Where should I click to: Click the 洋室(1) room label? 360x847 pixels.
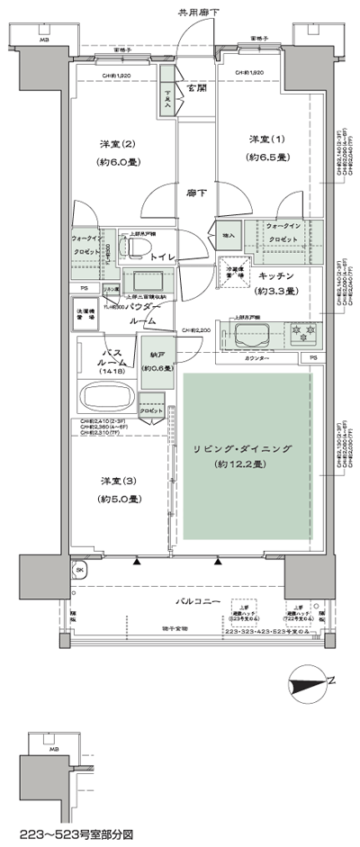click(x=265, y=140)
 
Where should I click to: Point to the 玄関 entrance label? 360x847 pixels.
click(x=197, y=89)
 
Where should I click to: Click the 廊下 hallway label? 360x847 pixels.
click(x=196, y=192)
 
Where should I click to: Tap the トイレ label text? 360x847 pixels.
click(x=163, y=257)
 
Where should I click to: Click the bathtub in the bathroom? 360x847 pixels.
click(x=107, y=397)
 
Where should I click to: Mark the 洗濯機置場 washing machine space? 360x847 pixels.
click(x=85, y=315)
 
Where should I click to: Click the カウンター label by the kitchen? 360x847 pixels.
click(x=258, y=358)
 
